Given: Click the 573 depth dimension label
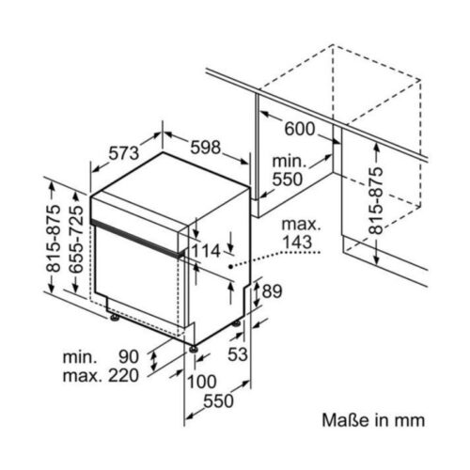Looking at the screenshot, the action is click(x=124, y=153).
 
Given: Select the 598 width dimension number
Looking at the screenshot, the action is click(x=206, y=148).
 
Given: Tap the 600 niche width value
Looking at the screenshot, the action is click(x=299, y=129).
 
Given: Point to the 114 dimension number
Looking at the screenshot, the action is click(x=206, y=251).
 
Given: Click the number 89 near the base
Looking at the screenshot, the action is click(x=272, y=291).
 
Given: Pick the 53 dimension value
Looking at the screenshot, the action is click(x=238, y=354).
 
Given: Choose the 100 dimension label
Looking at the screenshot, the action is click(x=202, y=382).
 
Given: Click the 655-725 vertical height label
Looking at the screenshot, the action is click(x=76, y=239).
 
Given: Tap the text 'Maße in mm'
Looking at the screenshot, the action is click(x=373, y=420).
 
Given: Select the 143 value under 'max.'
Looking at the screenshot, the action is click(x=297, y=242).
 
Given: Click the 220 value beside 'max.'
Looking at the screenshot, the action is click(x=123, y=375).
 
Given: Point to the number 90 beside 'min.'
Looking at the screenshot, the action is click(x=129, y=356).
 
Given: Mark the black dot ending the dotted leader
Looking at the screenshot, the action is click(x=230, y=266).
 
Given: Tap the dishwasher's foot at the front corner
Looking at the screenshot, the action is click(x=193, y=348).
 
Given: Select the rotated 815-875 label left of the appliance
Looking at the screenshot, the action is click(x=53, y=238).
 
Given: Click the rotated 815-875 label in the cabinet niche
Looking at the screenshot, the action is click(x=375, y=200).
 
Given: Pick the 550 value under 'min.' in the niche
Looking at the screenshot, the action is click(x=288, y=180).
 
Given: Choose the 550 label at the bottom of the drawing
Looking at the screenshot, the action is click(x=218, y=400).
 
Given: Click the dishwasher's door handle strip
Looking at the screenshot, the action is click(x=138, y=239).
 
